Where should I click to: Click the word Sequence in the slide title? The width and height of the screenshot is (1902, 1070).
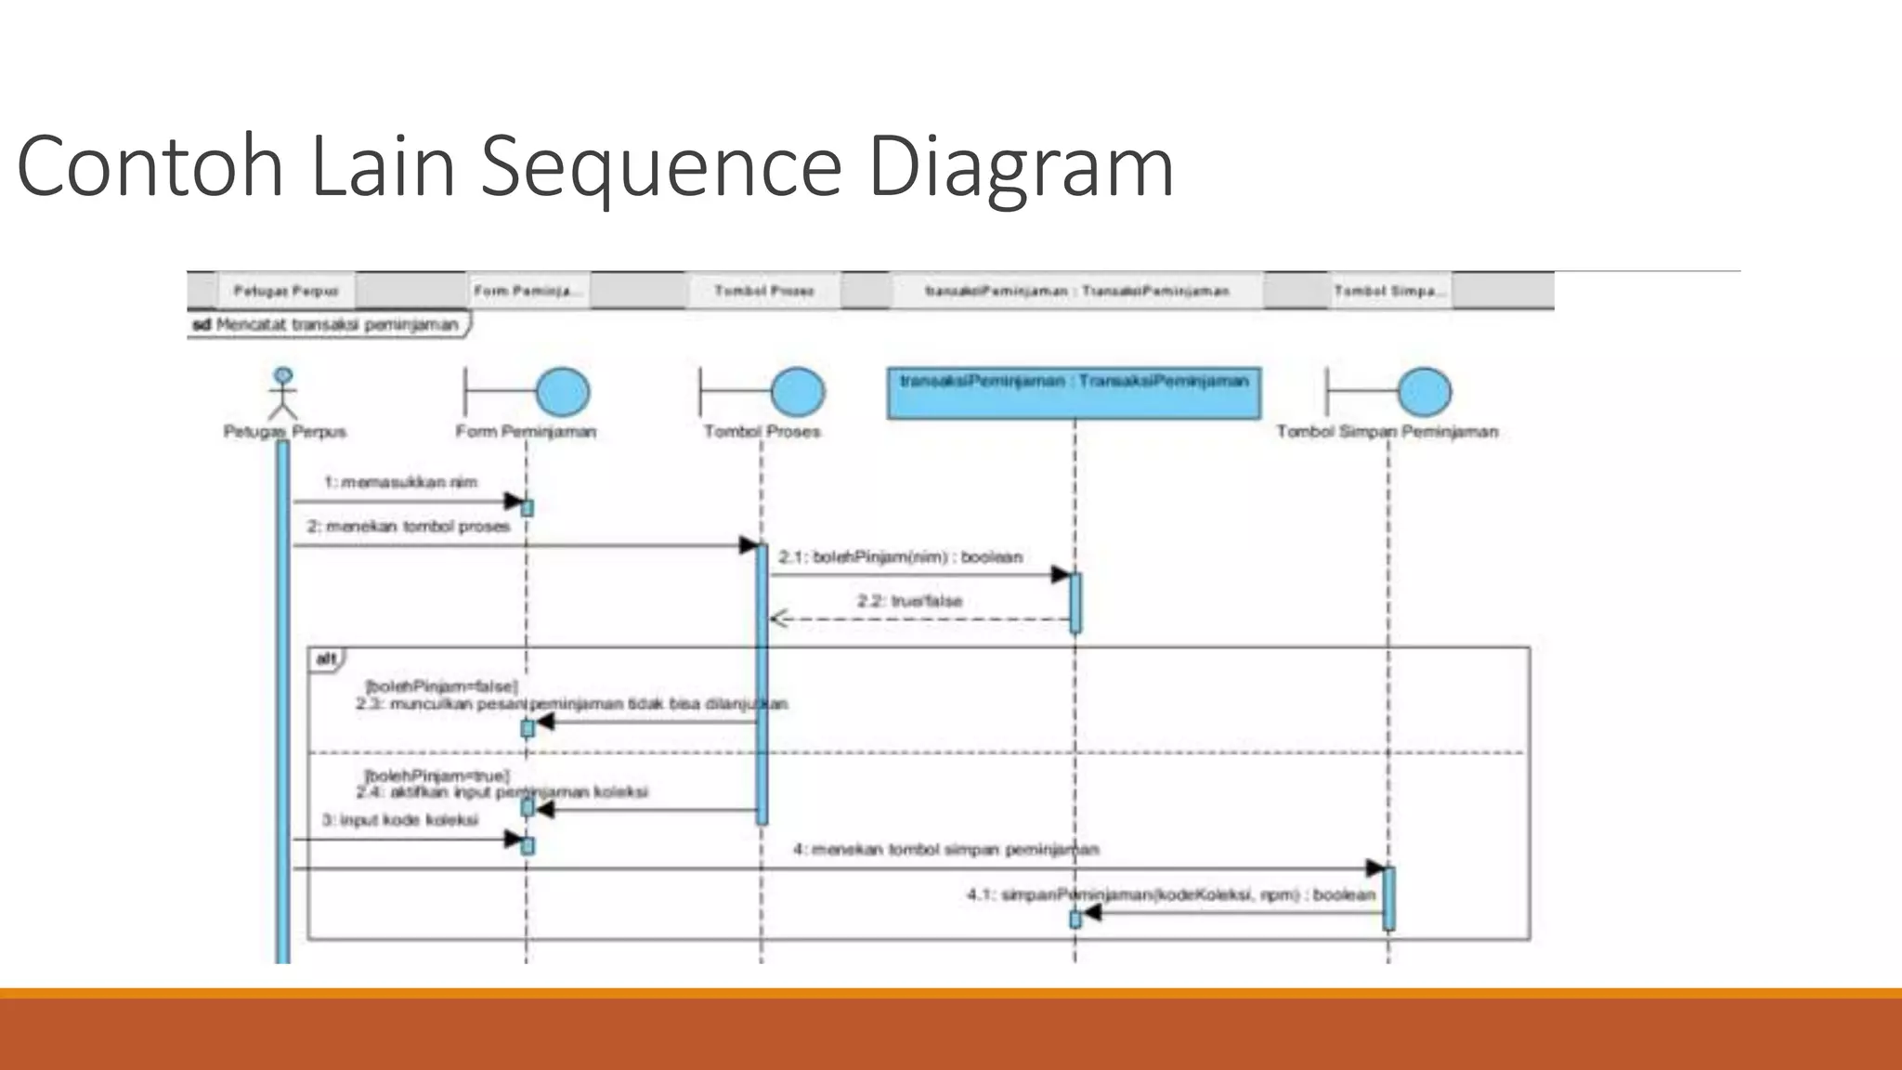coord(660,167)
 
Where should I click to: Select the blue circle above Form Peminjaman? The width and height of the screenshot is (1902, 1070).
coord(563,392)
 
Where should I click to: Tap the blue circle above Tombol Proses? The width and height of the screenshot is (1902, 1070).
coord(797,392)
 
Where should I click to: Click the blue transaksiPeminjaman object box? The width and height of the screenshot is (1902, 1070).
coord(1074,394)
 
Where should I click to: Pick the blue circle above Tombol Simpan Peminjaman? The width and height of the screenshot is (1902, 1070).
coord(1425,392)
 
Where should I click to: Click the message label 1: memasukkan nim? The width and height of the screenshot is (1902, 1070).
coord(400,482)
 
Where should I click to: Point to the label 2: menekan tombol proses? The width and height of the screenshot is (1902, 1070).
coord(409,527)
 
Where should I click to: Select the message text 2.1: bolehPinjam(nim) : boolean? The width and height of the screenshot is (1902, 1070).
coord(900,557)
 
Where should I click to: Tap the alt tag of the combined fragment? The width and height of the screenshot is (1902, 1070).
coord(326,659)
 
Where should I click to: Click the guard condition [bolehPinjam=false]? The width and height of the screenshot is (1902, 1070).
coord(441,686)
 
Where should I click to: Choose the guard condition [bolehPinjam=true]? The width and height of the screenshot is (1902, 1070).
coord(436,776)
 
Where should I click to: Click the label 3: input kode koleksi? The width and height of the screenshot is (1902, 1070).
coord(400,820)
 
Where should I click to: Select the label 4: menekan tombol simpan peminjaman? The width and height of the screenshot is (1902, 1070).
coord(945,849)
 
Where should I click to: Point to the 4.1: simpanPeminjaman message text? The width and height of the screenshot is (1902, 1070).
coord(1170,894)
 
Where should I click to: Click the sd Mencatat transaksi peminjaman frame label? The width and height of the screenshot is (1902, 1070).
coord(326,325)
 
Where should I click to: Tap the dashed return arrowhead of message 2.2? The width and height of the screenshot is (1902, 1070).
coord(779,619)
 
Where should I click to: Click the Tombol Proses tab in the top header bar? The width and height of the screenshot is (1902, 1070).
coord(763,291)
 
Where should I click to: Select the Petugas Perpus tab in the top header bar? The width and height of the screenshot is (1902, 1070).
coord(286,291)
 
